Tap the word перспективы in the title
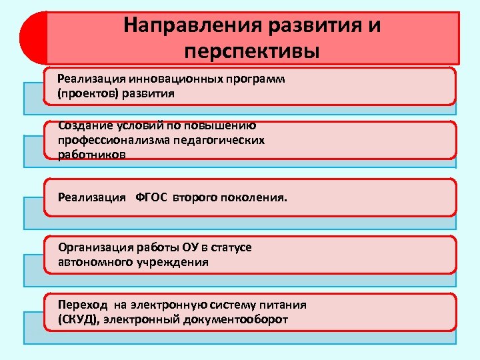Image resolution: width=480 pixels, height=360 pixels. [253, 51]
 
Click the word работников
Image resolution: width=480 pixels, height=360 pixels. [91, 155]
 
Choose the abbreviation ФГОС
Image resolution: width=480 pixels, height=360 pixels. [153, 197]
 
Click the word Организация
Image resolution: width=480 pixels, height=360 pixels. [96, 247]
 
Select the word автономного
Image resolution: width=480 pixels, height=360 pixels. [95, 262]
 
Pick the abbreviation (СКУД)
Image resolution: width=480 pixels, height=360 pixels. [78, 319]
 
